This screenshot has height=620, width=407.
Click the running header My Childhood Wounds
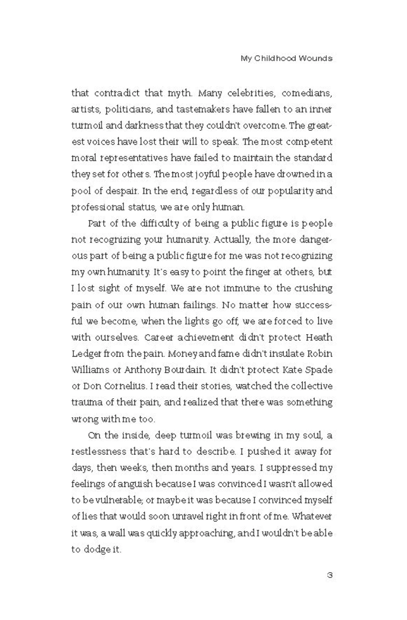pyautogui.click(x=286, y=59)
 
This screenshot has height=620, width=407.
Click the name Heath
pyautogui.click(x=318, y=337)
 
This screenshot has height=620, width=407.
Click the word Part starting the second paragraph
pyautogui.click(x=98, y=223)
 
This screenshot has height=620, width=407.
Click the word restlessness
pyautogui.click(x=101, y=451)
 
